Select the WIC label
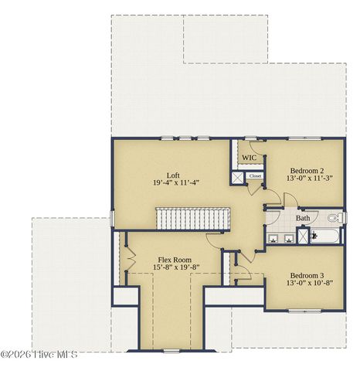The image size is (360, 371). tap(249, 158)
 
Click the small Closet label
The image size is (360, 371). tap(255, 176)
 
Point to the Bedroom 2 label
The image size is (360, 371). tap(307, 170)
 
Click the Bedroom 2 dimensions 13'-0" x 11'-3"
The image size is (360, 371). tap(307, 179)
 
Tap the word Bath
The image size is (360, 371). tap(303, 218)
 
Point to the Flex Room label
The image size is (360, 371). tap(175, 260)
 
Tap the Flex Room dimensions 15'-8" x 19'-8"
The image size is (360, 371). tap(175, 268)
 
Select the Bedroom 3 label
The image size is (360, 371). tap(307, 276)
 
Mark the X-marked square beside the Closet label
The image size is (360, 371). tap(239, 176)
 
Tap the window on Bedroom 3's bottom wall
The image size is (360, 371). tap(305, 311)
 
